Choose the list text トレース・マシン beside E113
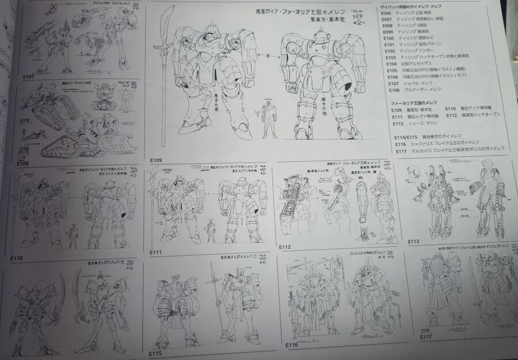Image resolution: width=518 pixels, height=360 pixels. (x=424, y=122)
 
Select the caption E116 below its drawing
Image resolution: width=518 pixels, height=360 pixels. (x=291, y=345)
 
